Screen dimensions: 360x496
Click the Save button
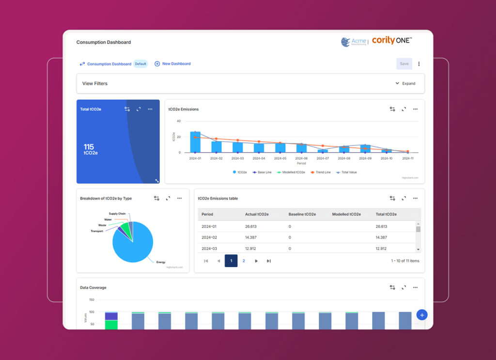coord(404,63)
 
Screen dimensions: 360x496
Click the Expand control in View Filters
coord(405,83)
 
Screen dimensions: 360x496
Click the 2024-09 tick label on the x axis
coord(365,158)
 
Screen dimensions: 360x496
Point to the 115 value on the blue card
coord(89,147)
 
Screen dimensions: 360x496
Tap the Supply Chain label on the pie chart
coord(117,214)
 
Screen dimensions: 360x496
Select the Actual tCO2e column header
coord(257,214)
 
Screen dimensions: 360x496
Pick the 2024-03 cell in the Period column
coord(209,249)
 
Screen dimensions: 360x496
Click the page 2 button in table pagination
coord(244,261)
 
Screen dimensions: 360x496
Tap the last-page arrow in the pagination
coord(269,261)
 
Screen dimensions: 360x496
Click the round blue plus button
coord(422,315)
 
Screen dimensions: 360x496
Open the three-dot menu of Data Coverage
coord(415,287)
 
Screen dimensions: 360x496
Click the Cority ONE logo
coord(391,41)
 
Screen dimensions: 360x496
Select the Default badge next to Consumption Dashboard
coord(140,63)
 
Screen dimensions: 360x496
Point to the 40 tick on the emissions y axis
coord(179,121)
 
